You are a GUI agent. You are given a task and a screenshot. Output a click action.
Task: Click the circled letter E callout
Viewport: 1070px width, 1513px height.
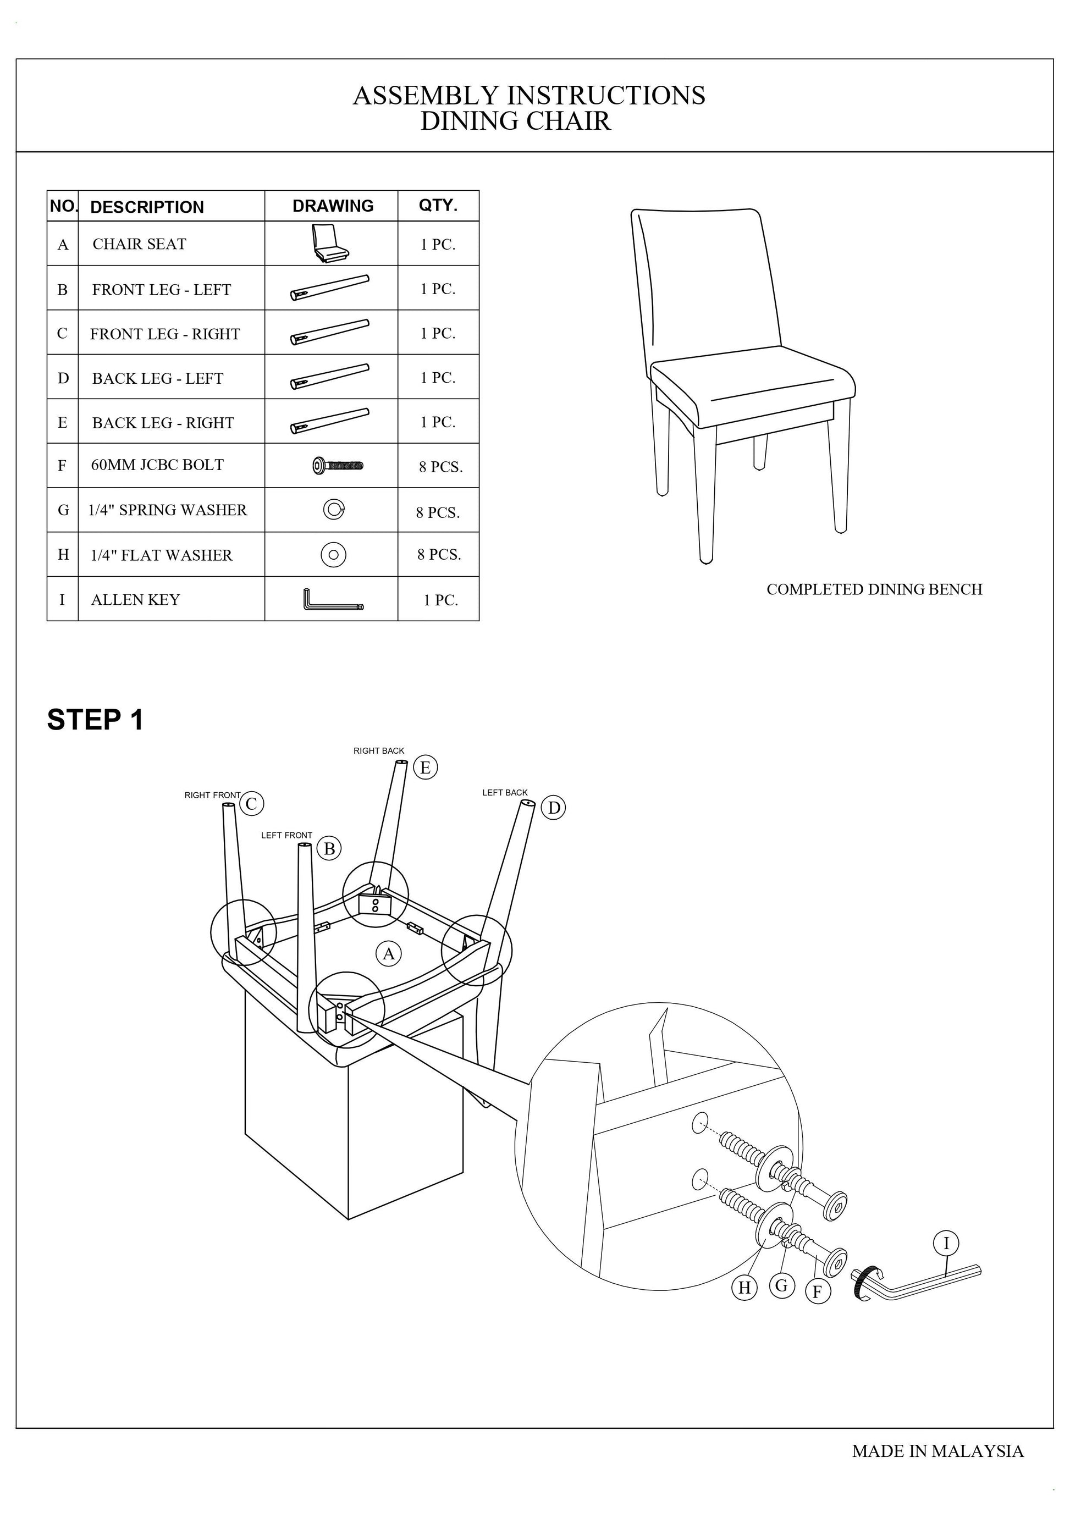[425, 767]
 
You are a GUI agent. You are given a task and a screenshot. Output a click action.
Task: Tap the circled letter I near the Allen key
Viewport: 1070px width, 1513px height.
[946, 1244]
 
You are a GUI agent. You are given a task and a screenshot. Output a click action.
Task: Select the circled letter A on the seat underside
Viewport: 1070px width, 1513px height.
[388, 953]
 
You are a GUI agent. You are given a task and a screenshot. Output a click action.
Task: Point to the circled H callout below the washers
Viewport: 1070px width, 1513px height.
[744, 1287]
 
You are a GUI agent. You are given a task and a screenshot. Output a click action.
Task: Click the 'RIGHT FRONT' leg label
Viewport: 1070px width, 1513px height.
[212, 796]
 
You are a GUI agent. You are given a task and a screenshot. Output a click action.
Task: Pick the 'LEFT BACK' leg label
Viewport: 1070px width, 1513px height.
[505, 793]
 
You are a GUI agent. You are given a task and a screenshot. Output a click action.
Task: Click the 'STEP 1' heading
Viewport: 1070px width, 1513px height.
[95, 720]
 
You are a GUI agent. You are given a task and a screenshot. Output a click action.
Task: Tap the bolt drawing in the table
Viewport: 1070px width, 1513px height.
[338, 466]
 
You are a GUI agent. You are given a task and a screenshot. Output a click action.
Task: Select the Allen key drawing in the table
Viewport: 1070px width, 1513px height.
[333, 600]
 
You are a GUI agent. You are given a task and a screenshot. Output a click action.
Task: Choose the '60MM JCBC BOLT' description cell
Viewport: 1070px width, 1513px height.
[157, 465]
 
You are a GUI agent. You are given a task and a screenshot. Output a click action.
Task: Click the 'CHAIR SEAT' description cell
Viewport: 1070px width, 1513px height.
[140, 245]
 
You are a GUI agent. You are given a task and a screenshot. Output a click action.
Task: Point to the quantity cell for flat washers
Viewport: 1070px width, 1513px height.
[439, 555]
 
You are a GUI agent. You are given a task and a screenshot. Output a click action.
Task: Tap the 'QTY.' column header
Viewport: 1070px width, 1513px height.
[438, 206]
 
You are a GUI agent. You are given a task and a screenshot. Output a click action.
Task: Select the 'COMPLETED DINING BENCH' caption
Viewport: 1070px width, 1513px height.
[874, 590]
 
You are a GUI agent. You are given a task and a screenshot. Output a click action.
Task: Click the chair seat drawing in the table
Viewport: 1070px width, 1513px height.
[329, 243]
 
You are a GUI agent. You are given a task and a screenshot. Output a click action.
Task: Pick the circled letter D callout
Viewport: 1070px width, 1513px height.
[554, 808]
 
